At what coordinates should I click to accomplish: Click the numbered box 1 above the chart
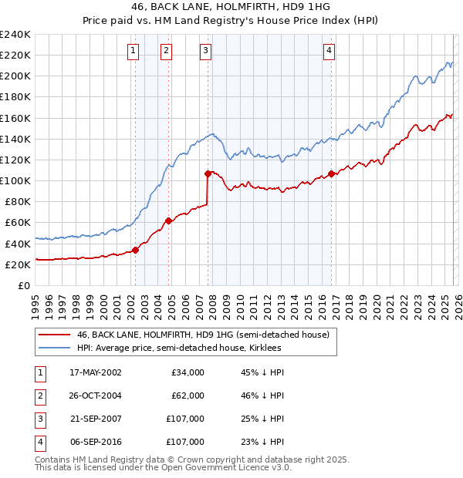click(134, 51)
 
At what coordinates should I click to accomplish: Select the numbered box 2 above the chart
click(166, 51)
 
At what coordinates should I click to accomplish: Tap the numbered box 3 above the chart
click(206, 51)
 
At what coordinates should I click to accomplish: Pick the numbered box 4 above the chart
click(329, 51)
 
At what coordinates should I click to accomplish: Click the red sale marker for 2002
click(135, 250)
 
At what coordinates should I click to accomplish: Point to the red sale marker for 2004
click(168, 220)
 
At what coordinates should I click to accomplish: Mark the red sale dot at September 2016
click(331, 173)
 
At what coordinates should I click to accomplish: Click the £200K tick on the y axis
click(15, 76)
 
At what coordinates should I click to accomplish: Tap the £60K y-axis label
click(17, 223)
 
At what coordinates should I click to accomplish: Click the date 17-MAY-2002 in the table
click(96, 372)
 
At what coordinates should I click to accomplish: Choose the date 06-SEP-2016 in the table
click(96, 442)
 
